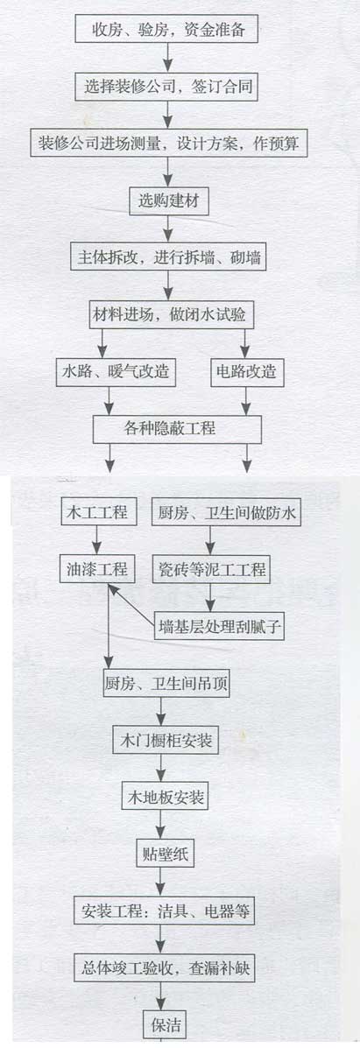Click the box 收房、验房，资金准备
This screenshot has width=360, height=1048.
[166, 29]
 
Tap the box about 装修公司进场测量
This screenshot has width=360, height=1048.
[169, 143]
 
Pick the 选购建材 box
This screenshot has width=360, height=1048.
[169, 200]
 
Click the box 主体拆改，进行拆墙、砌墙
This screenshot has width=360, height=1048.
[168, 257]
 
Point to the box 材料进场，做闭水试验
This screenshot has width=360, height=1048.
[172, 314]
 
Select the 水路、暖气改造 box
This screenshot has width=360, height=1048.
[116, 371]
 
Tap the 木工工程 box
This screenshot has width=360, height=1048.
[98, 513]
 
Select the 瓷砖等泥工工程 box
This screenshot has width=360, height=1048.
[211, 569]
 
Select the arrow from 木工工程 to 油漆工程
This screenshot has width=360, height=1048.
[98, 541]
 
